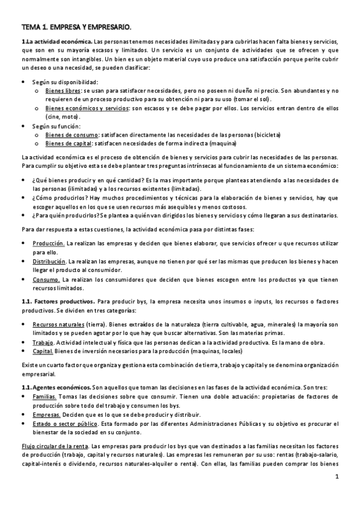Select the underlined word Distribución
(50, 262)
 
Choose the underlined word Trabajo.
(43, 342)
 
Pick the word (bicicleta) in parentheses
(268, 135)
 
